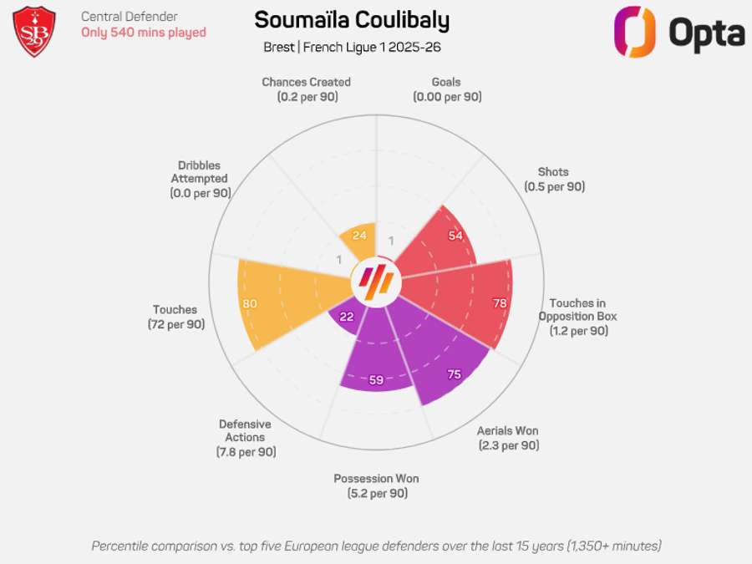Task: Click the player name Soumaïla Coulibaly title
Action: click(351, 21)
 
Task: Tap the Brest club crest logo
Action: click(35, 32)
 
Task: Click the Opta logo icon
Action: click(634, 32)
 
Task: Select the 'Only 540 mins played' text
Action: click(143, 33)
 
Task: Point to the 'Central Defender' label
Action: click(129, 16)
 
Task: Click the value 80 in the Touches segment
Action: click(250, 303)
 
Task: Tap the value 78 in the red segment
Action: click(500, 303)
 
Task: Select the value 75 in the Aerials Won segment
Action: click(454, 374)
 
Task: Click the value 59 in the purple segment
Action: click(376, 380)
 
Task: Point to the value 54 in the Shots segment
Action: click(455, 236)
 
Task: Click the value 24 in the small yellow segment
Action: click(359, 235)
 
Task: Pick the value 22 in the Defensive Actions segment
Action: click(346, 318)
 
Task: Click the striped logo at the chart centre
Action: click(376, 282)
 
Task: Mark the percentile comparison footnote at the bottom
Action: click(376, 546)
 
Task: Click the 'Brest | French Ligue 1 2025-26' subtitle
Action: click(352, 47)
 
